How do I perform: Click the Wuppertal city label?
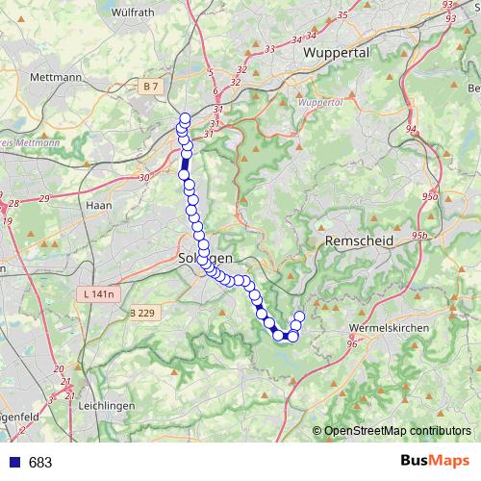point(336,53)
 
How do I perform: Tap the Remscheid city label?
point(359,240)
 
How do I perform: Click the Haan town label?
point(99,205)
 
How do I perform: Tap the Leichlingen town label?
point(103,406)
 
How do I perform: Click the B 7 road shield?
point(148,87)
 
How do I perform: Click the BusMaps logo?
point(432,462)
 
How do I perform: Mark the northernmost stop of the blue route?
point(185,118)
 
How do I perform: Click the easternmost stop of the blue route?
point(299,316)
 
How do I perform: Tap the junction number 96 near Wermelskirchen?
point(351,343)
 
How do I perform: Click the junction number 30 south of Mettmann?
point(144,177)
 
